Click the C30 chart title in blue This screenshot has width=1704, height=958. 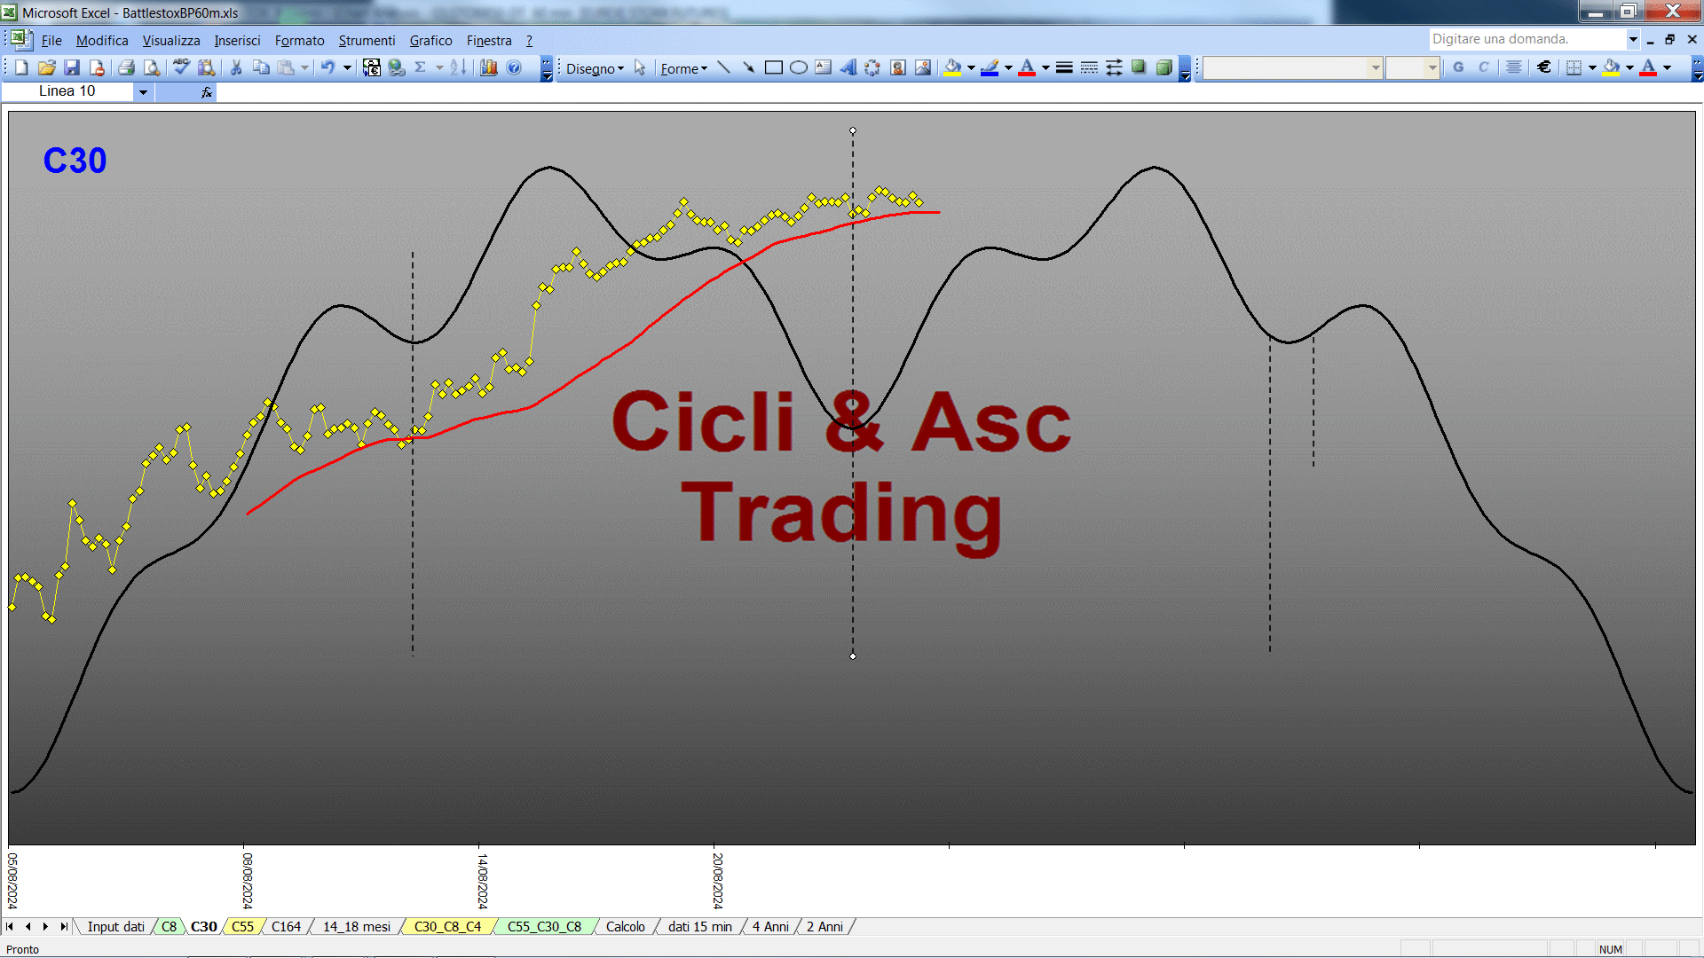click(75, 161)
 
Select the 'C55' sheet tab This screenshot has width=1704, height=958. click(242, 927)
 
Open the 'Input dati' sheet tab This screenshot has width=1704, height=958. click(115, 927)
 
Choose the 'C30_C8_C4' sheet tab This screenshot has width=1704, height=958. click(447, 927)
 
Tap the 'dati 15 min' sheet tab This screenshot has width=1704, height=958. click(699, 927)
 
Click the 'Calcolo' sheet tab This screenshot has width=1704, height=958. click(625, 927)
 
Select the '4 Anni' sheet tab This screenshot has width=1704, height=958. click(770, 927)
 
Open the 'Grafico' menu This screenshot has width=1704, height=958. click(430, 41)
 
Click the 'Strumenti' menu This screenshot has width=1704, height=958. click(367, 41)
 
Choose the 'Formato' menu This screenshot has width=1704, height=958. click(299, 41)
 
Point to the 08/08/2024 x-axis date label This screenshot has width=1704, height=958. click(248, 881)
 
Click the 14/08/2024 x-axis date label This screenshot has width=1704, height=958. click(483, 881)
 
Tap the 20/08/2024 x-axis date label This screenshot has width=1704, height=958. click(718, 881)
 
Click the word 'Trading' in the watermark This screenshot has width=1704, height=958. click(841, 514)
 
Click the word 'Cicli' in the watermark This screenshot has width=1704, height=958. click(703, 421)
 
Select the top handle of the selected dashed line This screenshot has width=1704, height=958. click(853, 130)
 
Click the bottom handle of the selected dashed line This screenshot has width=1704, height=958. click(853, 656)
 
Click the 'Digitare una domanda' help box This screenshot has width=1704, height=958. click(1526, 39)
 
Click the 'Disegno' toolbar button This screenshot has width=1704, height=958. click(595, 68)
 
